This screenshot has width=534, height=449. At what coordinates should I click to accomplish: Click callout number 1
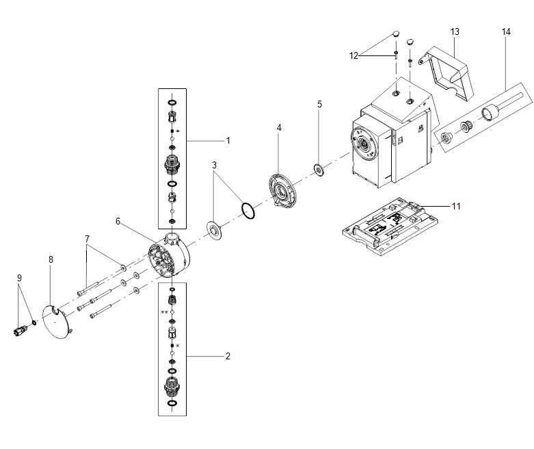[228, 140]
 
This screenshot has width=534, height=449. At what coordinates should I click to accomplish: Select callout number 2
[228, 357]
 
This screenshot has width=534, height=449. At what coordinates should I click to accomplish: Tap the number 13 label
[455, 31]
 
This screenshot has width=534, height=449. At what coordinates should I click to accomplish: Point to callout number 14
[506, 31]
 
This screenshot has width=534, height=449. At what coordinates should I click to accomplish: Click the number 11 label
[456, 206]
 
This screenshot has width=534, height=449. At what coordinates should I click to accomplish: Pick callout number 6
[118, 221]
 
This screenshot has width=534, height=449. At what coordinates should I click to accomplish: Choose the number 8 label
[51, 259]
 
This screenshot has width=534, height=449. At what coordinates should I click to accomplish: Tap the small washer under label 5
[319, 169]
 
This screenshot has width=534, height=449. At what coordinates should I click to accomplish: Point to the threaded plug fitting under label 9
[21, 330]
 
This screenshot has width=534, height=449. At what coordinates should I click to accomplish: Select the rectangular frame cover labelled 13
[446, 73]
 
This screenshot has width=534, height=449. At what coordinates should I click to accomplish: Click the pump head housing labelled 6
[169, 255]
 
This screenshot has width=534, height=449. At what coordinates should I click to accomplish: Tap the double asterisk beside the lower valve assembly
[164, 312]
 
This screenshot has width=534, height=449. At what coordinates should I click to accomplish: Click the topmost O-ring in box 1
[172, 103]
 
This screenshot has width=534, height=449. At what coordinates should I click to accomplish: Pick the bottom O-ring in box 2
[172, 403]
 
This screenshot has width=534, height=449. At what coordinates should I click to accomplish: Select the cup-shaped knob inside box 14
[490, 113]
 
